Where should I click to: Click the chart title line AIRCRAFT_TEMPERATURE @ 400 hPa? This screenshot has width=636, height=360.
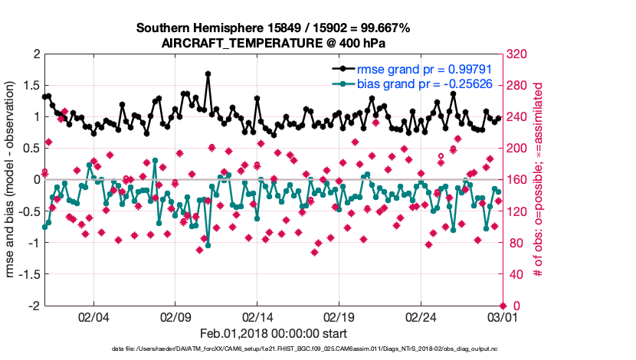point(274,43)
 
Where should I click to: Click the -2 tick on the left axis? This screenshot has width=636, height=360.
point(34,306)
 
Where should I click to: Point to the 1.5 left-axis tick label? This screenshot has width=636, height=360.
point(31,86)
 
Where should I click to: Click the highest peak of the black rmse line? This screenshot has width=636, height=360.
point(208,74)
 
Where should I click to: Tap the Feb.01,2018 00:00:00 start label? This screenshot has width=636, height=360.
point(274,333)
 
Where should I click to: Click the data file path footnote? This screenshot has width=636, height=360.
point(274,349)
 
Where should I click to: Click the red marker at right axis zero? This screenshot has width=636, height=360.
point(503,306)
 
